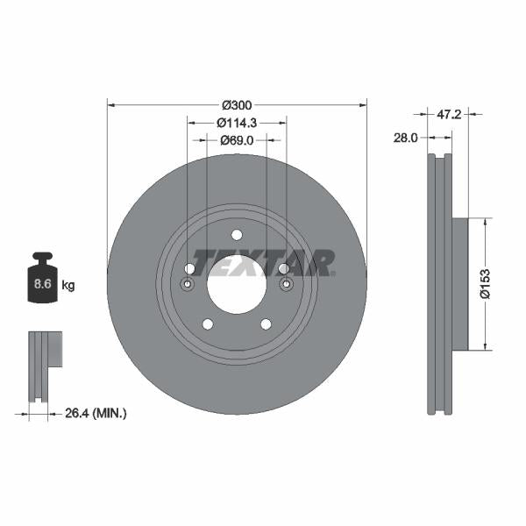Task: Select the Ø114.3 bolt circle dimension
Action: click(237, 123)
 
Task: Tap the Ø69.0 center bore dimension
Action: click(237, 140)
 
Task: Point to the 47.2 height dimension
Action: click(449, 114)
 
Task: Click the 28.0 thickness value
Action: click(405, 138)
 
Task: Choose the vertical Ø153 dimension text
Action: click(484, 283)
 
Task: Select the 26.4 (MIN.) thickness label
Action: click(96, 412)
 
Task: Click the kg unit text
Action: click(68, 285)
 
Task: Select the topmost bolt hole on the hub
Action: click(237, 234)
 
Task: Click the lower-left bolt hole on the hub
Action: click(208, 324)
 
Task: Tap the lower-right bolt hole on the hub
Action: click(266, 324)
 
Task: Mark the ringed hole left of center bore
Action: click(187, 285)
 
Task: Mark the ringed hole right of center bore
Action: click(286, 285)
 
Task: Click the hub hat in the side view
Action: click(459, 283)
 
